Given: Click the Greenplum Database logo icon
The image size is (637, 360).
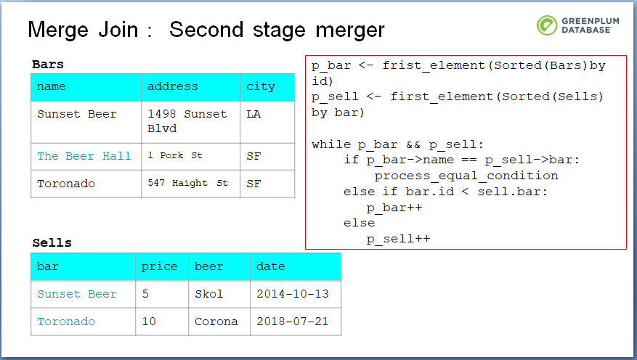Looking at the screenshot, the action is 547,25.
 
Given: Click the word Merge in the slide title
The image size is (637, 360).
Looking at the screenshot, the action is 58,30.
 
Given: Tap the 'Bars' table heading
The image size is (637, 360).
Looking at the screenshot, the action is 48,64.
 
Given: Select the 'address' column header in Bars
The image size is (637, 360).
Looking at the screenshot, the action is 173,86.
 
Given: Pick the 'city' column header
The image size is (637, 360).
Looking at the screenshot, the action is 261,87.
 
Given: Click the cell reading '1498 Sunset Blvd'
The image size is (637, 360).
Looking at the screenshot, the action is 187,121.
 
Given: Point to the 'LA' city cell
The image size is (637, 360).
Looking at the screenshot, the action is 253,114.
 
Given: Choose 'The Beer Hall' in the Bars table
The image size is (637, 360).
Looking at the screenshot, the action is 84,156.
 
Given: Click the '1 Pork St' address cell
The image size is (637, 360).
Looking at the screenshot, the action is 175,155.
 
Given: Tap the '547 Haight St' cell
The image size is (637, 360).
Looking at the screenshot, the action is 187,183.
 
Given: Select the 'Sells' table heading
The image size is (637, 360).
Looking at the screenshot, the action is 52,242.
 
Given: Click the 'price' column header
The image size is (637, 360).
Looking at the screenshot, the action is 160,266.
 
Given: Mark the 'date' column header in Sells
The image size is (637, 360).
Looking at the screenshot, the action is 271,266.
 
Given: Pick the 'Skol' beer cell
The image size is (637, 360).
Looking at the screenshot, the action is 208,293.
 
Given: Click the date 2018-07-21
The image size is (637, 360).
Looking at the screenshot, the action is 293,321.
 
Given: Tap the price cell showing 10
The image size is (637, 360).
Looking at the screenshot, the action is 149,321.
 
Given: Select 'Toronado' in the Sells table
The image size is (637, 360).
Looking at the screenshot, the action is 66,322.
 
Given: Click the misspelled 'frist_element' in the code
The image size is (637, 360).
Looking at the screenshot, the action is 434,66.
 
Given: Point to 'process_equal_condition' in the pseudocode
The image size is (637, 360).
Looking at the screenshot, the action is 466,176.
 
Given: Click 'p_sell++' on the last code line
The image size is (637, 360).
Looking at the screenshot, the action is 399,239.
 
